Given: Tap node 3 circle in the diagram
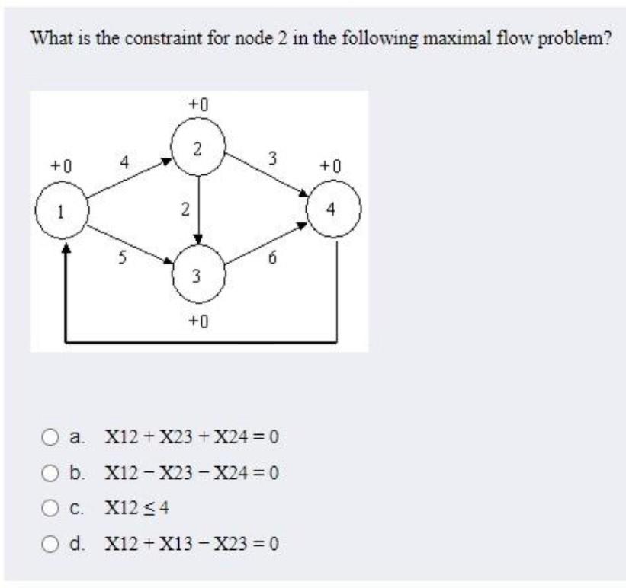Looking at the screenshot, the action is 197,273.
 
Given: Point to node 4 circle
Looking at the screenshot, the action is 332,208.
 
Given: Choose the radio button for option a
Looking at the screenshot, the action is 50,439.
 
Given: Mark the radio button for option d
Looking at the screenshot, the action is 50,544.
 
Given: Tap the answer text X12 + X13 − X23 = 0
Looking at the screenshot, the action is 191,544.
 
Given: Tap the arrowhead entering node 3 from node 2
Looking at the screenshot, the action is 198,238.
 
